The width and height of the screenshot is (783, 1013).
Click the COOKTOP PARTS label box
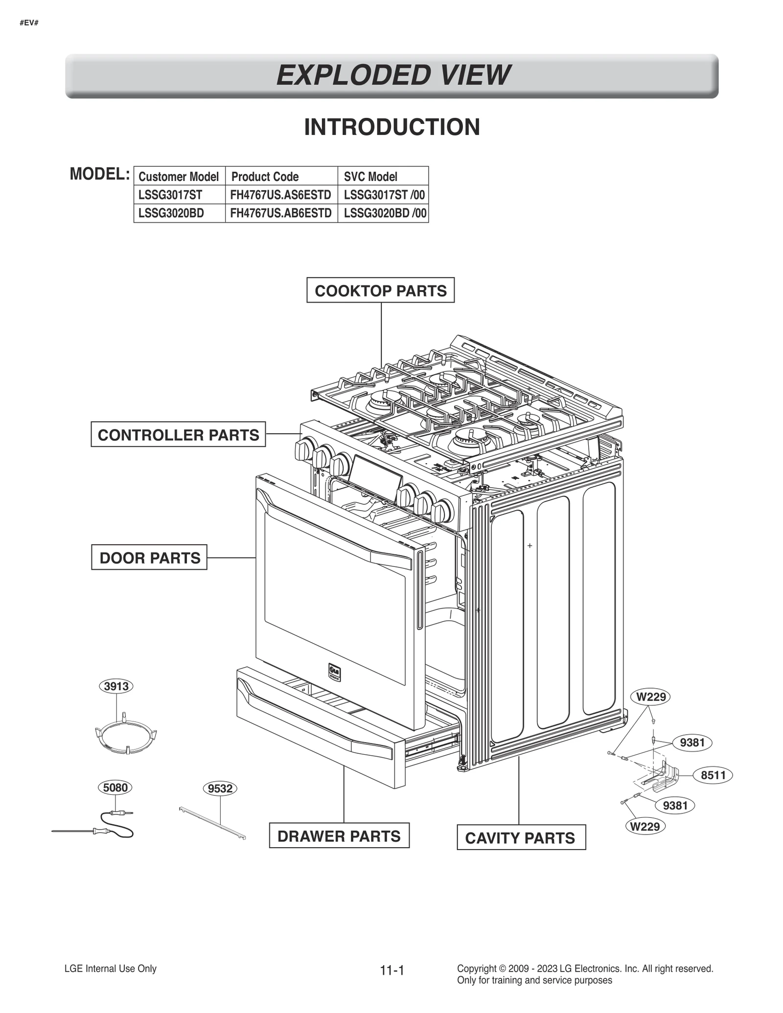[x=380, y=290]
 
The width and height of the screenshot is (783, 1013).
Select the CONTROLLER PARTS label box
[x=178, y=434]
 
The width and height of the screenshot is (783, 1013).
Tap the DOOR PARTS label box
[x=149, y=557]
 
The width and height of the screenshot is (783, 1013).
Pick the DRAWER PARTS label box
[x=339, y=836]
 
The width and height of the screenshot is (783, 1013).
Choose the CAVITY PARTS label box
[x=521, y=838]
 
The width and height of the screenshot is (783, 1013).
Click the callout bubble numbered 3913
[x=116, y=686]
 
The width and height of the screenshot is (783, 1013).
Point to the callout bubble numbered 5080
[x=115, y=788]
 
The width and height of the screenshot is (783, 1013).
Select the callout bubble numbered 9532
[x=220, y=788]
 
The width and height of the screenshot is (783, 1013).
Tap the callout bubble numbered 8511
[x=713, y=775]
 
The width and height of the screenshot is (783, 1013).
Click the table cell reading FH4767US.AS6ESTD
[x=281, y=195]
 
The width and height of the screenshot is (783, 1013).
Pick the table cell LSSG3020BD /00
[x=385, y=213]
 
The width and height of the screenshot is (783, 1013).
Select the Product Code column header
[x=265, y=177]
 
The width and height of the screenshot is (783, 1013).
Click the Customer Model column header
[x=179, y=177]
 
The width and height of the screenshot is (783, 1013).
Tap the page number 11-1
[x=392, y=970]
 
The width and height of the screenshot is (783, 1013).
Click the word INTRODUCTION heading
[x=392, y=127]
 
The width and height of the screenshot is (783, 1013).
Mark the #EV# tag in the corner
[x=29, y=23]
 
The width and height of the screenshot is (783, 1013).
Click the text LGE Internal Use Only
[x=111, y=968]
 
